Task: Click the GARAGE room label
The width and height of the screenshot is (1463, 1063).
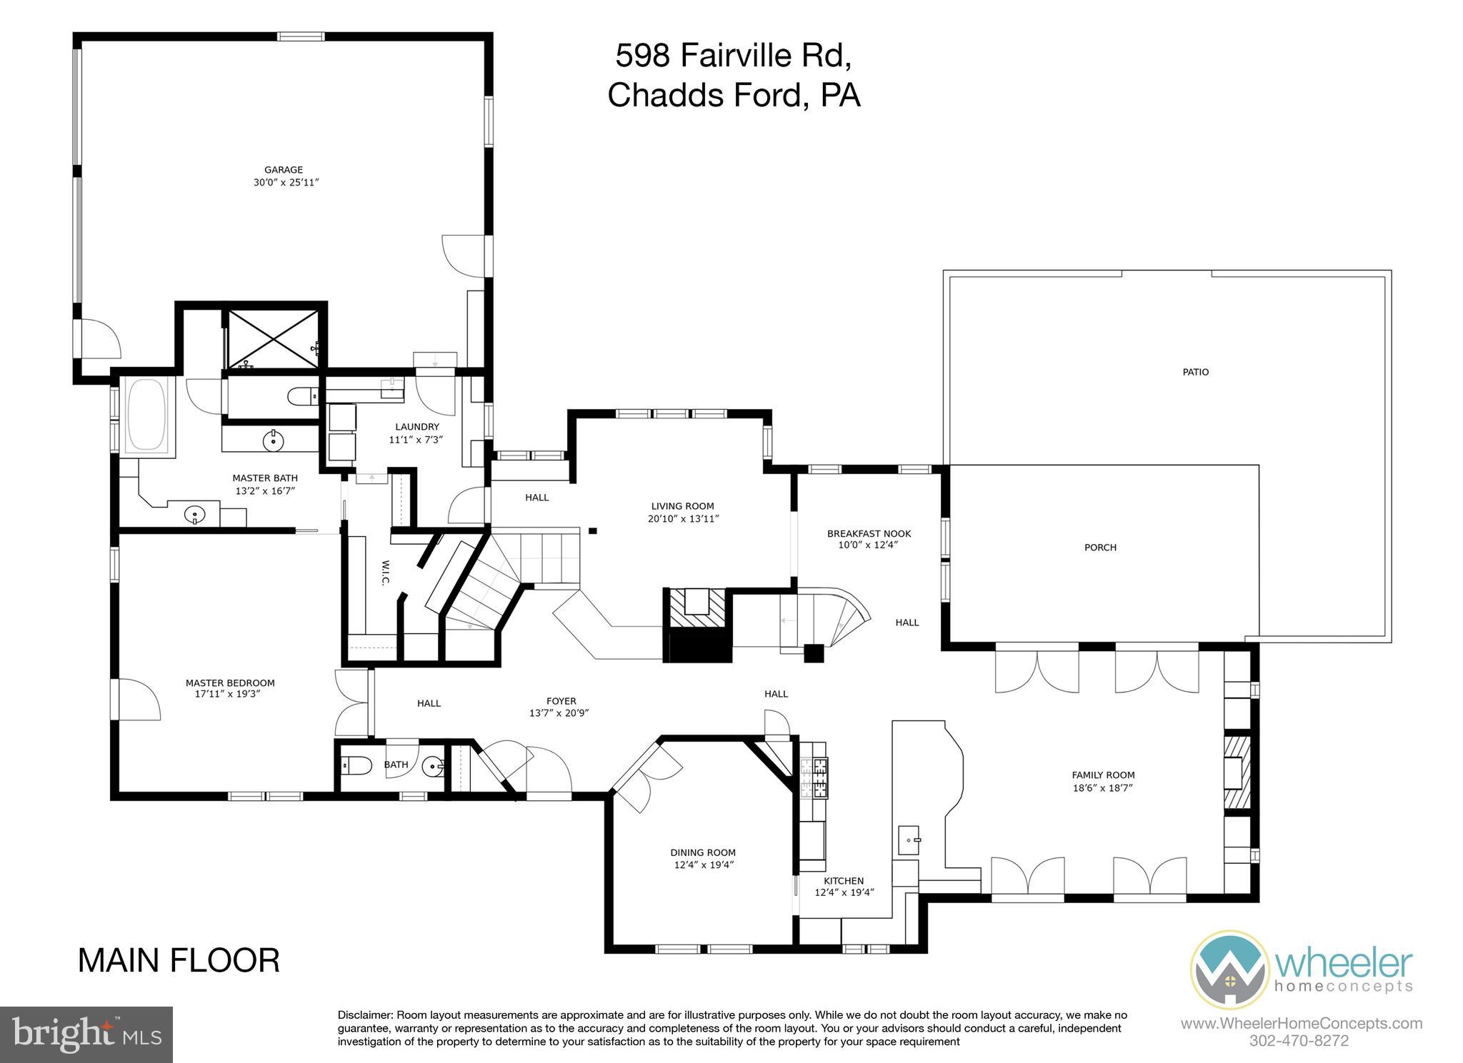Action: click(284, 170)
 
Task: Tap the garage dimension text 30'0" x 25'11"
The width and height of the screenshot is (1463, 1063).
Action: click(286, 183)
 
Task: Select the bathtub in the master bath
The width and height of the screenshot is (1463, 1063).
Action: click(149, 415)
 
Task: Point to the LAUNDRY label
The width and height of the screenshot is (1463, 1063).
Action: click(417, 427)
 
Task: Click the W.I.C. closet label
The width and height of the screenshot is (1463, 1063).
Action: click(384, 572)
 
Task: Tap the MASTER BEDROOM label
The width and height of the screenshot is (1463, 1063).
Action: click(230, 682)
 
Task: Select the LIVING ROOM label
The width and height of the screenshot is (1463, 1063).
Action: click(682, 506)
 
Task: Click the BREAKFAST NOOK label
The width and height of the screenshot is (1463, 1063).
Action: click(869, 533)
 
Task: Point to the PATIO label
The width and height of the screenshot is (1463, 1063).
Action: click(1195, 372)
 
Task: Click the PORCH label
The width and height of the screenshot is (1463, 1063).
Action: click(1100, 548)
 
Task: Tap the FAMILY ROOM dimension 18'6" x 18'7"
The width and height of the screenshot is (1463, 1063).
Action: click(1104, 788)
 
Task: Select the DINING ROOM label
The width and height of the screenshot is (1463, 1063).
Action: click(703, 852)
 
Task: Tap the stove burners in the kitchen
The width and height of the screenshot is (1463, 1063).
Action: click(814, 777)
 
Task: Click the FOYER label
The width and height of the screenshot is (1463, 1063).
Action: click(561, 701)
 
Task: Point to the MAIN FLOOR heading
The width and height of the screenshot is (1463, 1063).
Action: click(179, 960)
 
